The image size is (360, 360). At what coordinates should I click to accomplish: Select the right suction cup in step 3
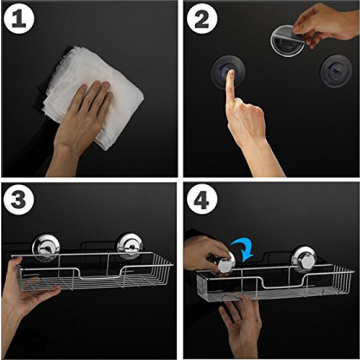tap(129, 246)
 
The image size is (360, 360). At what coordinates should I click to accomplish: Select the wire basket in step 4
tap(290, 285)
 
